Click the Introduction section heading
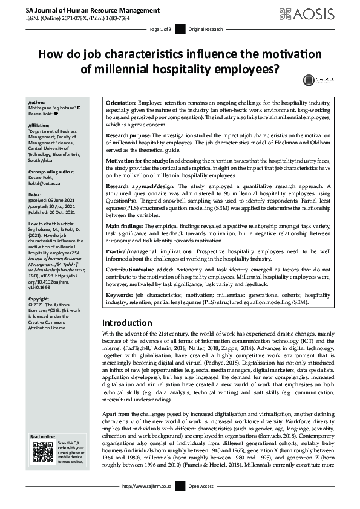pos(126,323)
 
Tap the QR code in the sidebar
pos(42,453)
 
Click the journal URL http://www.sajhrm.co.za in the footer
pos(147,486)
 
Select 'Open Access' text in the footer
pos(201,486)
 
